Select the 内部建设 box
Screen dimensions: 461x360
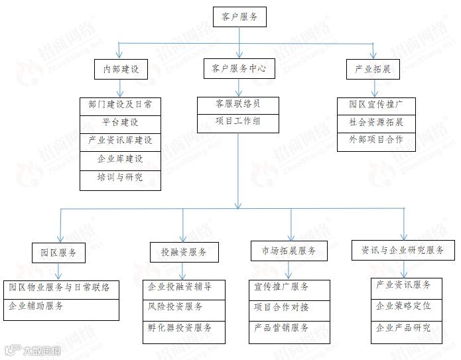(120, 70)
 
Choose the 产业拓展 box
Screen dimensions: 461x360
(372, 70)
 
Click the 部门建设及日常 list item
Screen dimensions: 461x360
(120, 105)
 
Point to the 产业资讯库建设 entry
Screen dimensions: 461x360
(120, 141)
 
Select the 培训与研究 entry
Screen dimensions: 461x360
(120, 178)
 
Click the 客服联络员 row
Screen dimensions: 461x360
(237, 104)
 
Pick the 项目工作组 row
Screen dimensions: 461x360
(237, 121)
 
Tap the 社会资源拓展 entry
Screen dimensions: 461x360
(376, 123)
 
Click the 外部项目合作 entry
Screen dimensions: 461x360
(376, 140)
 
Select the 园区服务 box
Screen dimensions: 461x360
(59, 253)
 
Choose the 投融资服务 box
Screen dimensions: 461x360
(184, 253)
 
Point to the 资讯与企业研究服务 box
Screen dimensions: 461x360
(403, 250)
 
